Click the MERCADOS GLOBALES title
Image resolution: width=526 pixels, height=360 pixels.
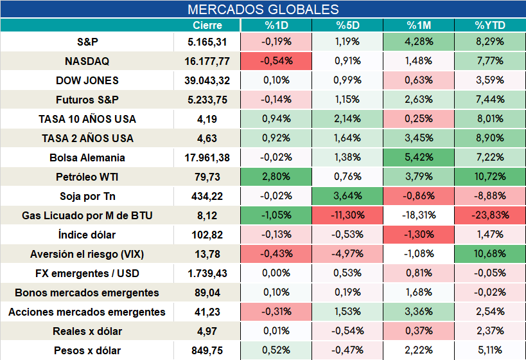pos(263,10)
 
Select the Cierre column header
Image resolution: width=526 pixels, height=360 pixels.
pos(207,25)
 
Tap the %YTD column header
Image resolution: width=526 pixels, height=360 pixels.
pos(490,25)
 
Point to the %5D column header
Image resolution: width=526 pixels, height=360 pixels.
pos(347,25)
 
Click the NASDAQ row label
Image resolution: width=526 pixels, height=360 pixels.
pos(87,61)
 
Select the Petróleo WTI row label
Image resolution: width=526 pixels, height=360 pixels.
pos(87,177)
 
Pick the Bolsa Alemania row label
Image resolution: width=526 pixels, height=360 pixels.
pos(87,157)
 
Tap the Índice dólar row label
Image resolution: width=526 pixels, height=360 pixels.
pos(87,235)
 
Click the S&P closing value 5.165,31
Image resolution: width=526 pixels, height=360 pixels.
pos(207,42)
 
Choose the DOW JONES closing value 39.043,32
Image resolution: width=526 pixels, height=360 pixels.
pos(207,80)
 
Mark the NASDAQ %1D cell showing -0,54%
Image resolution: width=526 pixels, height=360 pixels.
pos(276,61)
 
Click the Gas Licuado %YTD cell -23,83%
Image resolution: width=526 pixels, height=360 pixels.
pos(490,215)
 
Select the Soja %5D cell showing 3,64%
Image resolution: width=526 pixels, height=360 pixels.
pos(347,196)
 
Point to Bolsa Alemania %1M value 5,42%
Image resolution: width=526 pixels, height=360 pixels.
pos(419,157)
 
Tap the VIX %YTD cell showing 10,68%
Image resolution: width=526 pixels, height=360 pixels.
pos(490,254)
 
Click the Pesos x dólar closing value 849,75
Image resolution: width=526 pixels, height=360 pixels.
pos(207,350)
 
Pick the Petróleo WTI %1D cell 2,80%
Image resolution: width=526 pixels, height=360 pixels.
pos(276,177)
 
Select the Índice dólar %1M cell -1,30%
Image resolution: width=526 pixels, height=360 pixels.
pos(419,235)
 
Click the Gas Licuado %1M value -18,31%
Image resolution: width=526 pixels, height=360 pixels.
pos(419,215)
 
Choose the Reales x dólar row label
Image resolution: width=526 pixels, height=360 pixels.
pos(87,332)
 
